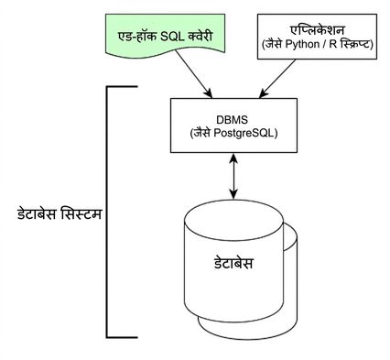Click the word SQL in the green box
[172, 37]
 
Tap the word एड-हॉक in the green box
[137, 37]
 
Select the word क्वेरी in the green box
[200, 37]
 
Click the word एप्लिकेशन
[318, 30]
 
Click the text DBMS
[232, 120]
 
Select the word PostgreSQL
[245, 134]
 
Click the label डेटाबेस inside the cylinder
[233, 263]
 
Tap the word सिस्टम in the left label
[81, 214]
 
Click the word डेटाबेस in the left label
[37, 214]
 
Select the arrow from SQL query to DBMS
[193, 74]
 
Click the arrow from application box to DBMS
[277, 79]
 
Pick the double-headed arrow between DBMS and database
[233, 176]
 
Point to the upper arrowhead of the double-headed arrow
[233, 158]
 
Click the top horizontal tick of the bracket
[122, 87]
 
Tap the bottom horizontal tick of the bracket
[122, 337]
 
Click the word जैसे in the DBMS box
[200, 134]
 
